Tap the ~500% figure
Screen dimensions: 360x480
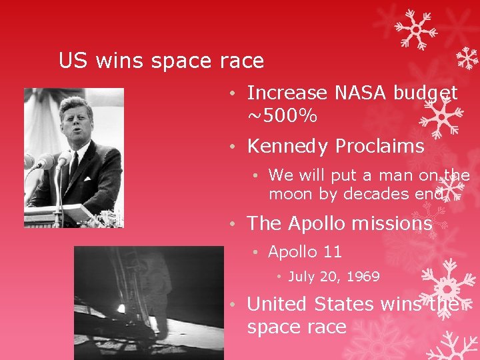point(282,117)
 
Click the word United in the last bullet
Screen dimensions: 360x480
point(277,304)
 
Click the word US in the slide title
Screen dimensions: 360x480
point(74,61)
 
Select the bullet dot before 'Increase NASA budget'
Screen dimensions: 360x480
point(228,93)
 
